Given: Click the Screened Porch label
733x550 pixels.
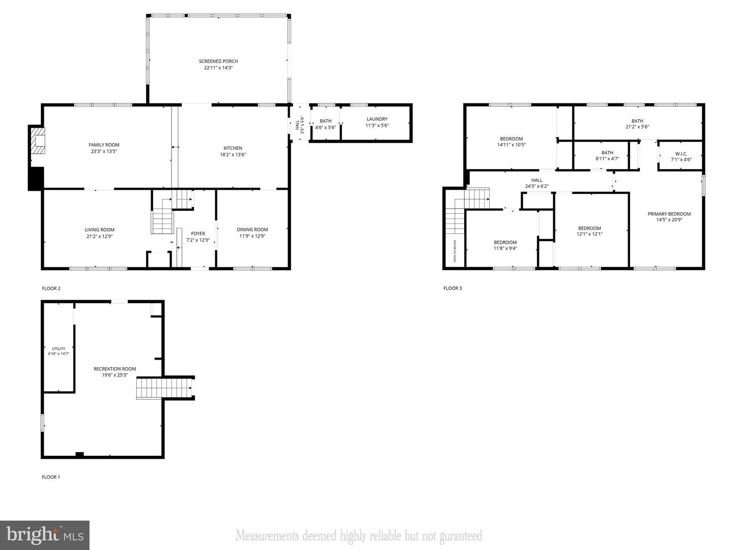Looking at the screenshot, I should click(218, 61).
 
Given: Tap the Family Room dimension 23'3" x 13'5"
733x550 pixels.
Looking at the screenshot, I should click(104, 151).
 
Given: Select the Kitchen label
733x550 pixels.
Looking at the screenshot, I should click(233, 148).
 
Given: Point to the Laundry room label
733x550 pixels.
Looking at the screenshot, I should click(377, 119).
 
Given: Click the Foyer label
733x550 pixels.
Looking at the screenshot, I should click(198, 234).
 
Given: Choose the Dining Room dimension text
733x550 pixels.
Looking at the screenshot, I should click(252, 236).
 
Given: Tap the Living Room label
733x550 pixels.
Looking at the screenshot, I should click(100, 230).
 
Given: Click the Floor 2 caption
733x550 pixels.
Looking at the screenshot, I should click(51, 288).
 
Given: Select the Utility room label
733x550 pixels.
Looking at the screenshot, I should click(59, 349).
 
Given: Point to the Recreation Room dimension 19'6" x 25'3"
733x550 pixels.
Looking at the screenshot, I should click(115, 375).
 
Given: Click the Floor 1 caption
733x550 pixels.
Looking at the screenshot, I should click(51, 477).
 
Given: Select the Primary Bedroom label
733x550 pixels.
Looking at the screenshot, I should click(669, 214).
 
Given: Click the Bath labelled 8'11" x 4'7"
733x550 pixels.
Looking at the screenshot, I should click(607, 153).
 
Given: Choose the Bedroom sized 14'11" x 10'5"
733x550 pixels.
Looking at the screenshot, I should click(511, 139).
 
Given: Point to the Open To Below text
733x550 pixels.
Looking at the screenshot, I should click(455, 251).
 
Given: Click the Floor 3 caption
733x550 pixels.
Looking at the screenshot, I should click(453, 288).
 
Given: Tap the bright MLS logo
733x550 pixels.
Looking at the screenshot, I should click(44, 535).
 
